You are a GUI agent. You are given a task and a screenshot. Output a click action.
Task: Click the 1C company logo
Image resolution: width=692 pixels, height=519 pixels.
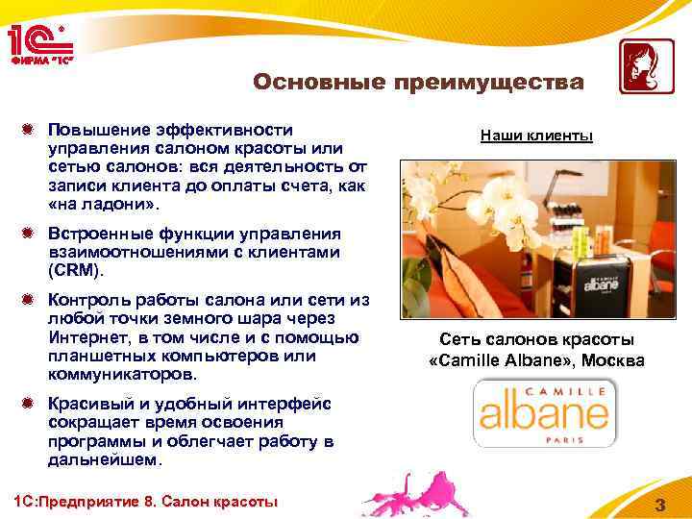(x=40, y=39)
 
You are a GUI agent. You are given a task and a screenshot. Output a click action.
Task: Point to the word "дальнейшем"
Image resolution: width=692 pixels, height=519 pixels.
(x=106, y=459)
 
